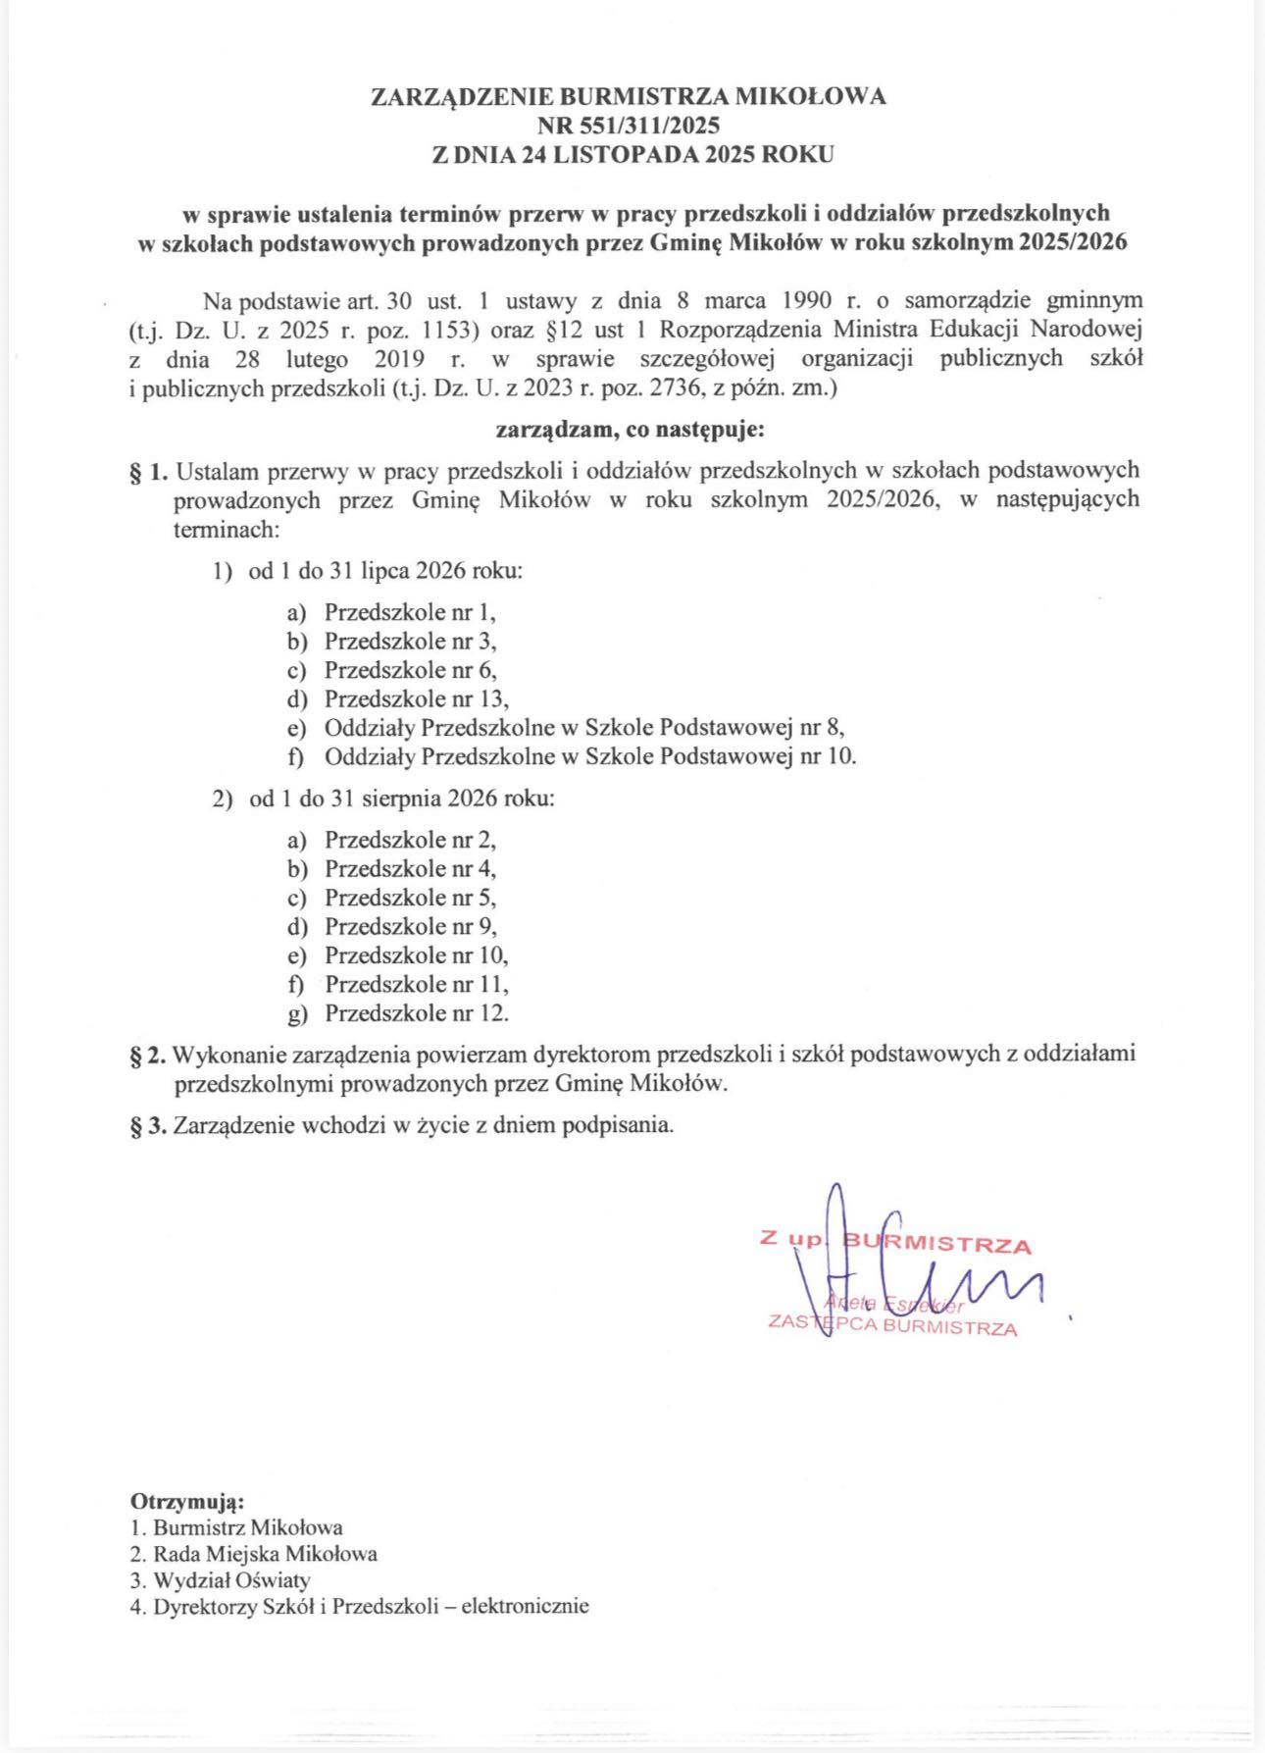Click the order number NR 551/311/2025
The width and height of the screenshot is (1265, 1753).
tap(629, 125)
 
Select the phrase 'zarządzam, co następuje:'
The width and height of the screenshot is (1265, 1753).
tap(629, 429)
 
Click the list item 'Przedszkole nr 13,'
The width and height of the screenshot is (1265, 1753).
tap(418, 699)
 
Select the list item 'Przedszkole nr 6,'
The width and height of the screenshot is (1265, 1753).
tap(411, 670)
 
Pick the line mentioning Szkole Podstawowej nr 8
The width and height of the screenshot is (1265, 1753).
tap(584, 728)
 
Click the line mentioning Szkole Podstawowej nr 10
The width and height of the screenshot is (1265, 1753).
tap(590, 757)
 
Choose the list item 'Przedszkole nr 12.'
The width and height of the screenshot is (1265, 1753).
tap(417, 1013)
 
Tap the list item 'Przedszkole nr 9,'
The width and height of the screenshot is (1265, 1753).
tap(411, 926)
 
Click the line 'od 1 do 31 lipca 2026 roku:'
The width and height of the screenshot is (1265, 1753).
tap(385, 571)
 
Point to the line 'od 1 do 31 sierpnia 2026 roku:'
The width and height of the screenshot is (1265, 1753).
tap(402, 799)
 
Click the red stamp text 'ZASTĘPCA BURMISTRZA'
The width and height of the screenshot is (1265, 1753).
tap(892, 1329)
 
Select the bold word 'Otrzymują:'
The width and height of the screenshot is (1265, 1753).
tap(186, 1502)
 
